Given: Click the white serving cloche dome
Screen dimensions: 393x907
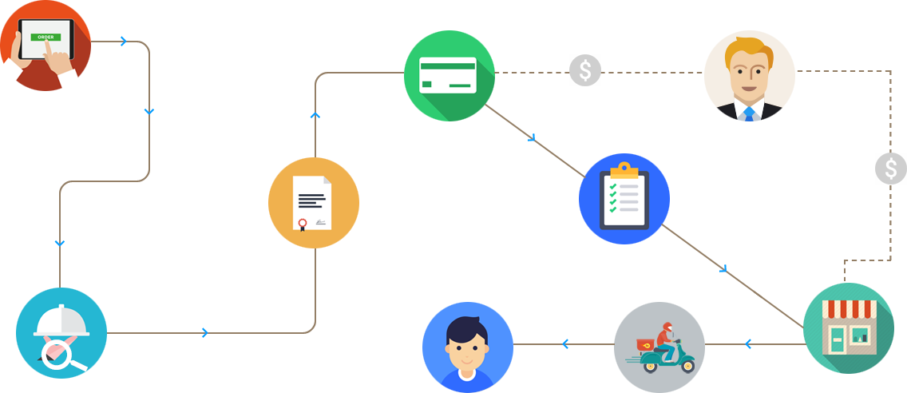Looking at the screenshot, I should coord(61,320).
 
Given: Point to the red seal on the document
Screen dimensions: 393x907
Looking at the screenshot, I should coord(303,223).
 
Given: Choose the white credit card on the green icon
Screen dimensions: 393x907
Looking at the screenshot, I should coord(448,75).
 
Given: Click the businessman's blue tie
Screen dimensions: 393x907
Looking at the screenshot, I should coord(749,113).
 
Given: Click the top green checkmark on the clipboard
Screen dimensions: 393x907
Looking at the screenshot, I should coord(612,186).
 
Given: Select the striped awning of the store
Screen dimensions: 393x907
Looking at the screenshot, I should coord(850,308).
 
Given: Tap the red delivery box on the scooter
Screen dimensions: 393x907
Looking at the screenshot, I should coord(644,345).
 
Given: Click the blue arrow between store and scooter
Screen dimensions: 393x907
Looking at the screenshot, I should coord(748,344).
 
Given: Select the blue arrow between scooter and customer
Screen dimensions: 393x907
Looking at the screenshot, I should coord(565,344).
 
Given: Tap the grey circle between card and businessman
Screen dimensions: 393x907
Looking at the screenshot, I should coord(584,70).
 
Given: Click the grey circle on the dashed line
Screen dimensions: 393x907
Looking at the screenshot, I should coord(890,169).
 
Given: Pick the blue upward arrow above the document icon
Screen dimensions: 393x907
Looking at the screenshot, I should coord(315,117).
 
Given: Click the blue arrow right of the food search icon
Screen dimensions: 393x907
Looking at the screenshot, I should coord(205,333).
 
